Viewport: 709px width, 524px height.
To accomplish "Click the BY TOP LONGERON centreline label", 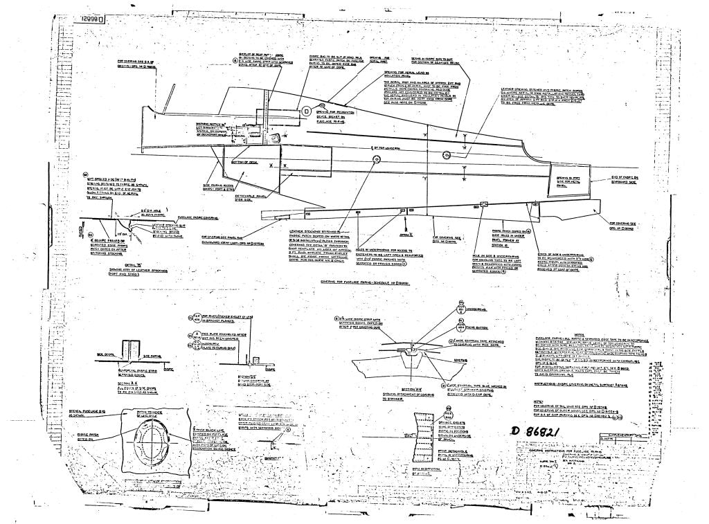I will (387, 147).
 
